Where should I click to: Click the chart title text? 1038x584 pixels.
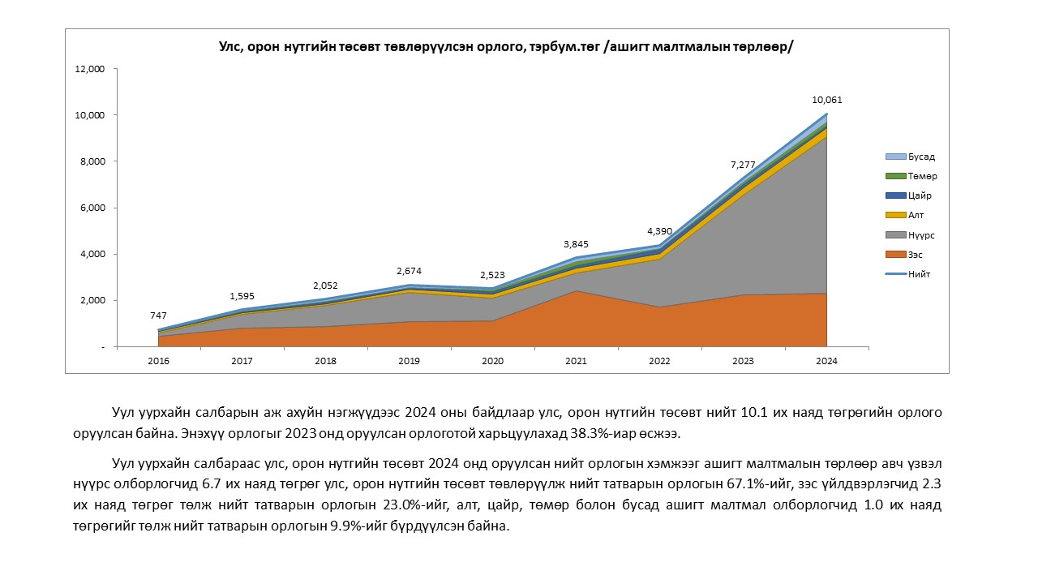coord(506,47)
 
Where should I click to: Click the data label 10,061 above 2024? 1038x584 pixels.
coord(826,101)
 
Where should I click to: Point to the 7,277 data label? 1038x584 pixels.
coord(742,165)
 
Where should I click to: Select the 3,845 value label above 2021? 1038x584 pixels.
coord(577,243)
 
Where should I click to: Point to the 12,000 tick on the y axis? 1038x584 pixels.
coord(90,69)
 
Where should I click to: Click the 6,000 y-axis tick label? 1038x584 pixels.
coord(93,208)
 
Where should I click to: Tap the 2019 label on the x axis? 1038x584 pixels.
coord(410,361)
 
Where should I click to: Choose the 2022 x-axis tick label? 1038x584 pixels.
coord(659,361)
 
